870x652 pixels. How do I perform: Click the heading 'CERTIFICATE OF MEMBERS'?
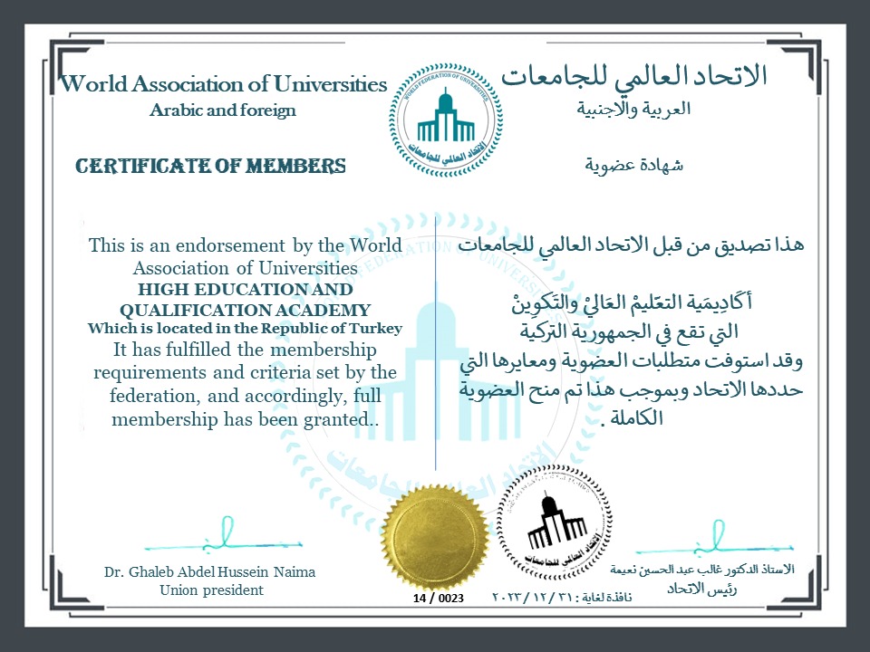[210, 166]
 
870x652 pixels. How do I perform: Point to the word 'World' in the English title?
[93, 84]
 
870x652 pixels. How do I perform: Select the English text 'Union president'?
[210, 590]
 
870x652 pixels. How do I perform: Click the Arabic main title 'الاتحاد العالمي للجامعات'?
[634, 76]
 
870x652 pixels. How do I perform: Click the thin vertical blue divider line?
[436, 362]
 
